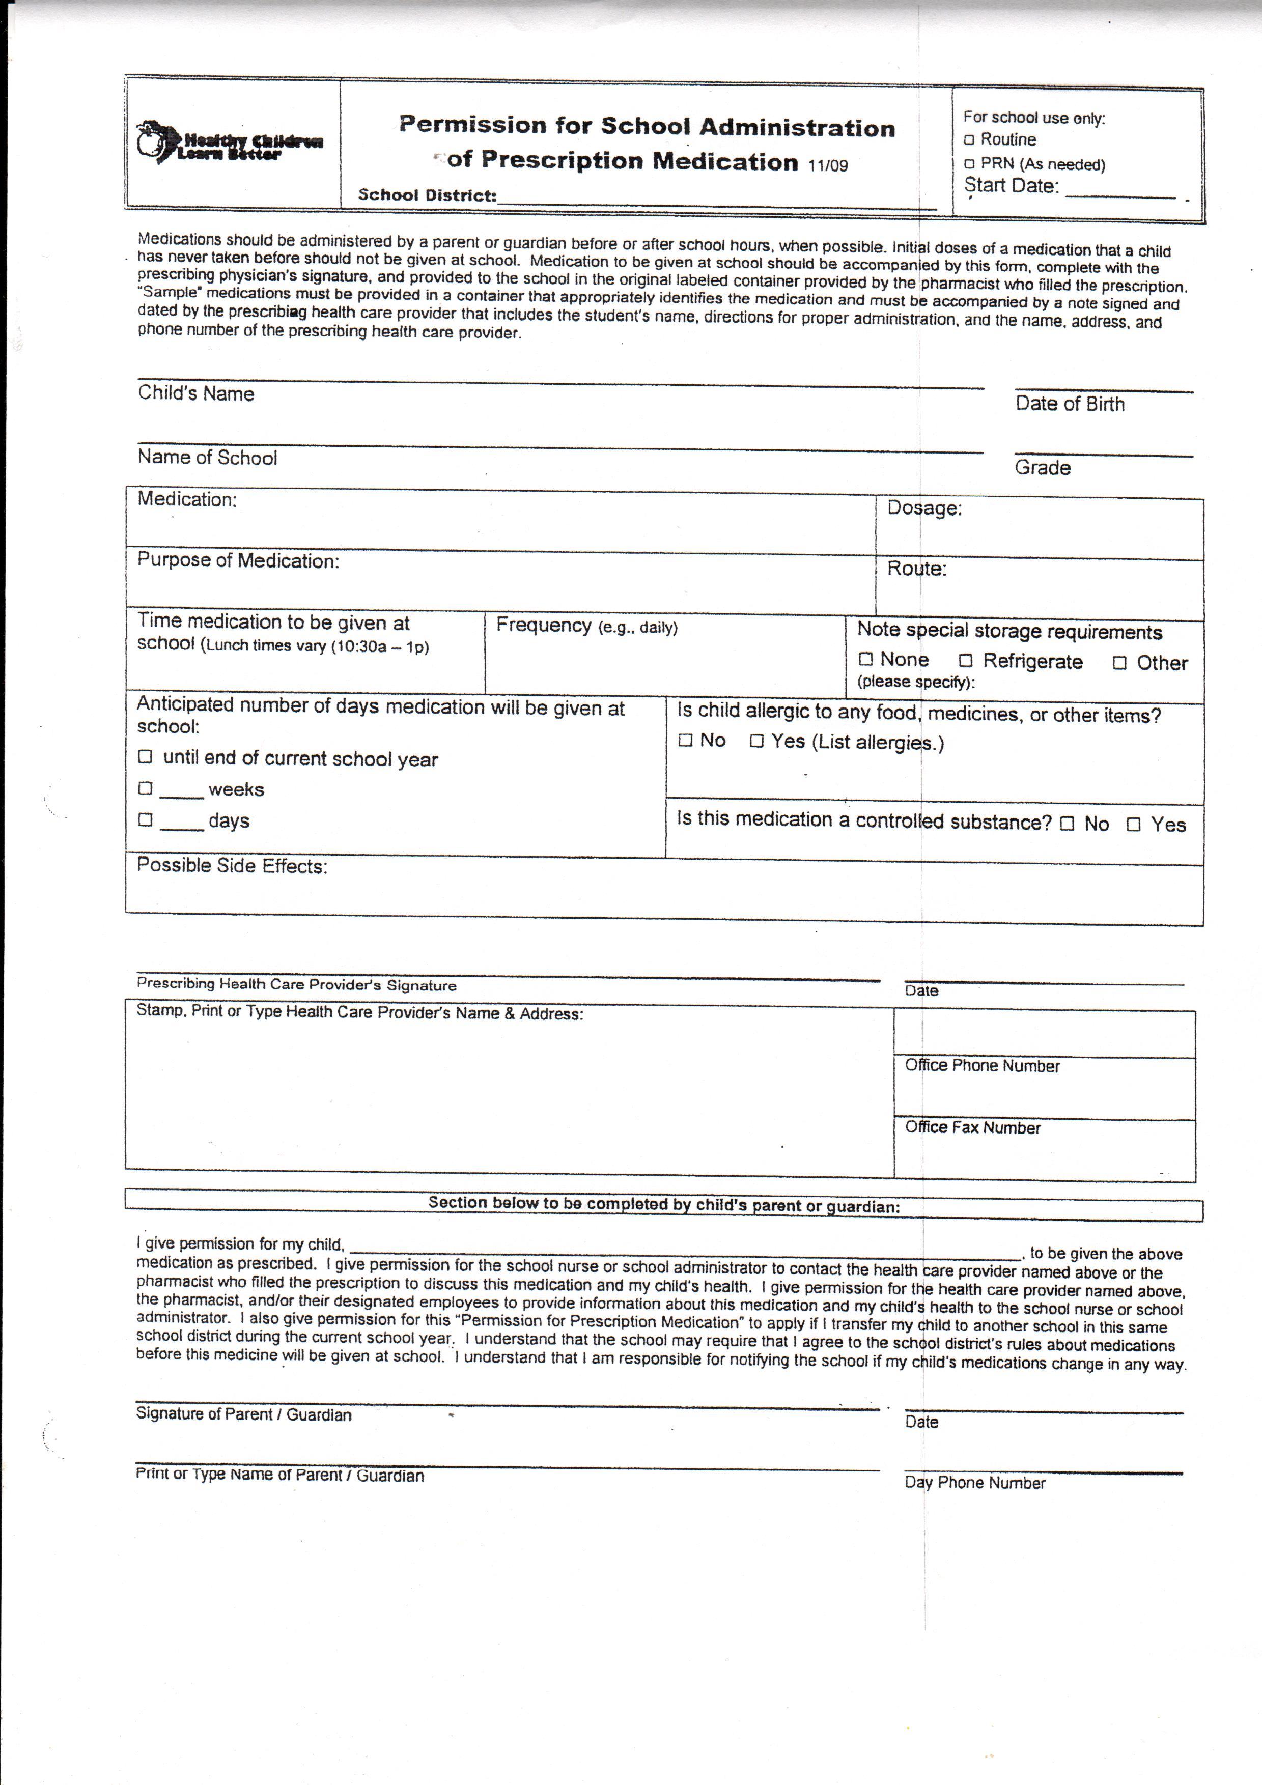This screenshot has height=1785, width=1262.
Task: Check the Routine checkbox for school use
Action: pyautogui.click(x=969, y=140)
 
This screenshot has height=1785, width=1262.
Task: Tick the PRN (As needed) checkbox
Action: pyautogui.click(x=969, y=164)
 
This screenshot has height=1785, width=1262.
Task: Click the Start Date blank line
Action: pyautogui.click(x=1119, y=194)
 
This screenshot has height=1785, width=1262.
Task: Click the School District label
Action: pyautogui.click(x=427, y=195)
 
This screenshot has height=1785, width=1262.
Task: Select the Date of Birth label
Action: pyautogui.click(x=1069, y=404)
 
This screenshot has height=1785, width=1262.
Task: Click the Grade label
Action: pyautogui.click(x=1042, y=467)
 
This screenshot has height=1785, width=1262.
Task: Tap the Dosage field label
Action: pyautogui.click(x=924, y=508)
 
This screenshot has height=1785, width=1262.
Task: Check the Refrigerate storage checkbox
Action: pyautogui.click(x=966, y=661)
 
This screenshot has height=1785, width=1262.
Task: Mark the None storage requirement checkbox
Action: pyautogui.click(x=865, y=659)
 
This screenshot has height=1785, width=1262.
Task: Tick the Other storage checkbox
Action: pyautogui.click(x=1119, y=663)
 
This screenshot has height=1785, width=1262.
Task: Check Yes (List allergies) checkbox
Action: pyautogui.click(x=756, y=741)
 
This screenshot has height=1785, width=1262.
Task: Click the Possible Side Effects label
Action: pyautogui.click(x=232, y=866)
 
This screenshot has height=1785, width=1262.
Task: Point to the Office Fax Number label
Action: pyautogui.click(x=972, y=1127)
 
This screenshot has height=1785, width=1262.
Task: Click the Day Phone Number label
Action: pyautogui.click(x=974, y=1482)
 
